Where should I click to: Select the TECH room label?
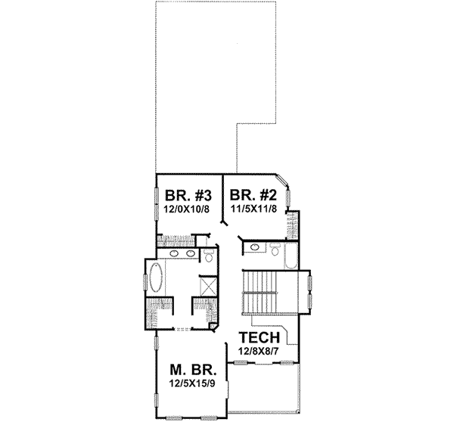point(260,338)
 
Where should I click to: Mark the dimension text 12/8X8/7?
point(260,352)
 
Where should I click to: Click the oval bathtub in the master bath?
point(157,279)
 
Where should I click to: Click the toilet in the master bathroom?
point(209,256)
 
